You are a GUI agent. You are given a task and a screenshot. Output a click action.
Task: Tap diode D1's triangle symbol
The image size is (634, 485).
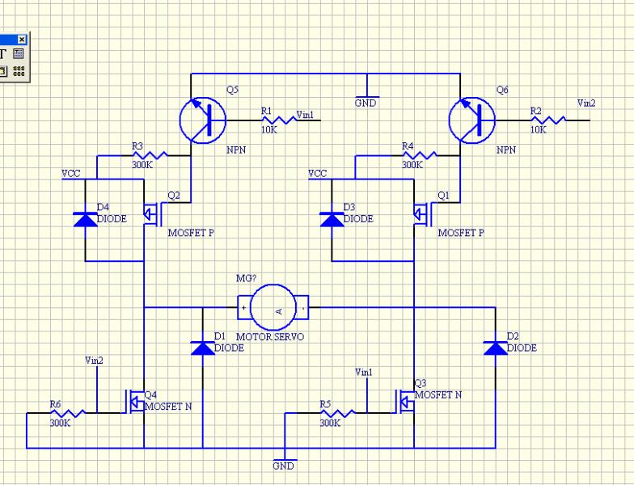(x=202, y=348)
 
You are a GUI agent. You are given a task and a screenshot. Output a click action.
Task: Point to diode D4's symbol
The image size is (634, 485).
(x=85, y=218)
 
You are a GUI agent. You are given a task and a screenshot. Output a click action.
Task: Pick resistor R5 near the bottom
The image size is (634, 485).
(x=333, y=412)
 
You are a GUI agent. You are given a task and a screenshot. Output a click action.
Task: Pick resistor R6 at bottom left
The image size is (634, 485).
(x=62, y=412)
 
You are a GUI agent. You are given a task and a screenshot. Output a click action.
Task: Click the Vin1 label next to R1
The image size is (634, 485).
(x=306, y=115)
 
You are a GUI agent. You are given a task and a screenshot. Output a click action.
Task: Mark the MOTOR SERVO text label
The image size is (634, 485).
(x=270, y=335)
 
